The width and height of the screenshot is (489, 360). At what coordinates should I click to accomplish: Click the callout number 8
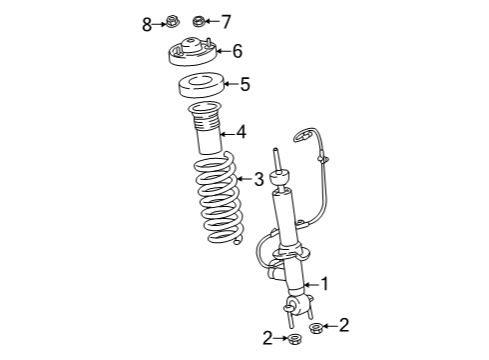click(147, 25)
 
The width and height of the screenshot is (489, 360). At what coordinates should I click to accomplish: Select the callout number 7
click(226, 22)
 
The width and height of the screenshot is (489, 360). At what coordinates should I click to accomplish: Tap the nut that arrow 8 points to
click(173, 22)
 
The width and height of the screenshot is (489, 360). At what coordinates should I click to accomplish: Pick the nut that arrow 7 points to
click(199, 21)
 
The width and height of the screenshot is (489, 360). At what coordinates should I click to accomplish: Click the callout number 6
click(238, 51)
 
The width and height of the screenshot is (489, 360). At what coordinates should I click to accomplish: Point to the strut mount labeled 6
click(193, 52)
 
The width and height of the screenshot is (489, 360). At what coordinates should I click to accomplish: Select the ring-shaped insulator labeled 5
click(202, 86)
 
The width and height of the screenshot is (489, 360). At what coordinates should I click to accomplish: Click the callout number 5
click(244, 84)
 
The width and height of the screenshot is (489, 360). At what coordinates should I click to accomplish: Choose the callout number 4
click(242, 132)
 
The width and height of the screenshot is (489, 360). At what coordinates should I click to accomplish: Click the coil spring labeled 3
click(219, 198)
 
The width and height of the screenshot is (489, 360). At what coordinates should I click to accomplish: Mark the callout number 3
click(258, 179)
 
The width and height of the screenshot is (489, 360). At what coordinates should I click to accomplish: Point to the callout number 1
click(324, 284)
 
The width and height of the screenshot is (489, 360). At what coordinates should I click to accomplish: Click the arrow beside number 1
click(311, 285)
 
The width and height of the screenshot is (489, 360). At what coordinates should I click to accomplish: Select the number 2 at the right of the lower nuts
click(344, 325)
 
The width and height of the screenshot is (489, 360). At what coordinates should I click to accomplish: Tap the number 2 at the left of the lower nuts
click(267, 338)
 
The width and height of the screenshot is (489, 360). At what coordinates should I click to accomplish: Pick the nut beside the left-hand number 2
click(293, 339)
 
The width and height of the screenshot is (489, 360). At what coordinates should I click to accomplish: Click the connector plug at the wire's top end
click(302, 135)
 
